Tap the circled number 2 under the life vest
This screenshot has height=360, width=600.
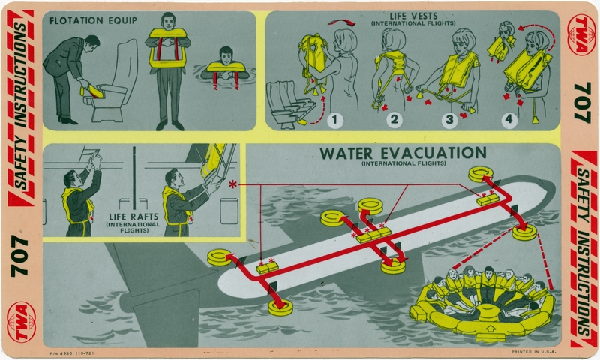tap(395, 118)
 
